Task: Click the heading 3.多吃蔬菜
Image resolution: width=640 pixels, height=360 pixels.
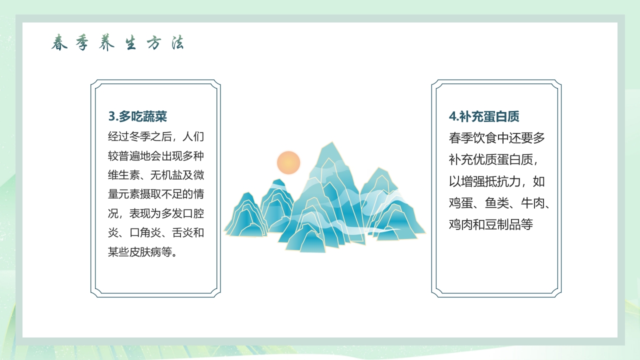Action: point(137,116)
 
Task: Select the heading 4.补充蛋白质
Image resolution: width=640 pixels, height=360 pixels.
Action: point(484,116)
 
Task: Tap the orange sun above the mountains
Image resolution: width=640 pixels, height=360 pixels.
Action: point(288,163)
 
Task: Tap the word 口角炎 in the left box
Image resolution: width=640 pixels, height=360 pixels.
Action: point(145,233)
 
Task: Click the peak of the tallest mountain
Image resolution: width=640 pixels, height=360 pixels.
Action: point(328,144)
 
